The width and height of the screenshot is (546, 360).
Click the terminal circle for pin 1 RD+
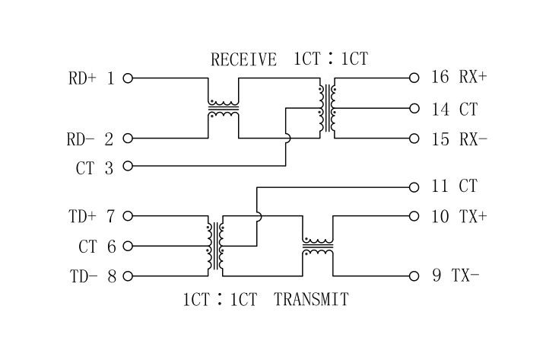tap(128, 78)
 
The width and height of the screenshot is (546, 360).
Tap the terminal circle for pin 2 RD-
tap(128, 138)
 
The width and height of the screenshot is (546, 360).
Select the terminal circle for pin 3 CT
tap(128, 165)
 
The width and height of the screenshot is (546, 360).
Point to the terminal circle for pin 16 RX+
tap(414, 78)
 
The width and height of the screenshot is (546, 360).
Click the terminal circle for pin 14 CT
tap(414, 109)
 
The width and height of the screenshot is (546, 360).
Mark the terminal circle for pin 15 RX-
tap(414, 138)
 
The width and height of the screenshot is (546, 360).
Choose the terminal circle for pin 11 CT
tap(414, 186)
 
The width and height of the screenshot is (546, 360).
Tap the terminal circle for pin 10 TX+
tap(414, 216)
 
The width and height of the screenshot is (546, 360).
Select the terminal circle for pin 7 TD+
tap(128, 216)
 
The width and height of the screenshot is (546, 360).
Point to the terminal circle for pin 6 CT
tap(128, 246)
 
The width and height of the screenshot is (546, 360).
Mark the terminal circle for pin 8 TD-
tap(128, 276)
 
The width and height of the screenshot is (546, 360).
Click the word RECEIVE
tap(243, 59)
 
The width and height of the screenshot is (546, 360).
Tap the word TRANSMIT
tap(311, 299)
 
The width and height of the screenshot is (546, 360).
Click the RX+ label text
tap(473, 78)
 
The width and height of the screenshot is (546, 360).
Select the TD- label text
tap(84, 276)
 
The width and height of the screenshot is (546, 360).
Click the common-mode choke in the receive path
tap(223, 109)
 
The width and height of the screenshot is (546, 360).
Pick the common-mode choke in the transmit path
tap(318, 246)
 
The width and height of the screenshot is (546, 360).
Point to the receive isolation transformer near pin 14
tap(329, 109)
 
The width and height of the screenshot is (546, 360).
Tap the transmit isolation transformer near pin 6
tap(216, 246)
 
